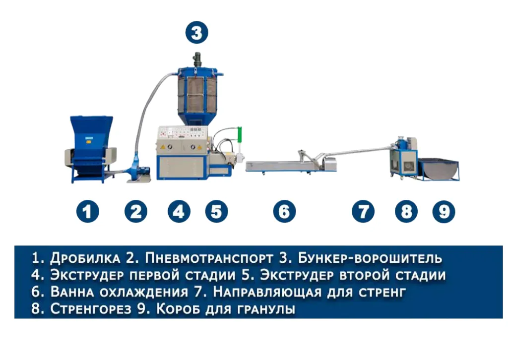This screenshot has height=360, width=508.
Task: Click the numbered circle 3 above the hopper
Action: [196, 32]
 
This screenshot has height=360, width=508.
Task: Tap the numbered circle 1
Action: [87, 212]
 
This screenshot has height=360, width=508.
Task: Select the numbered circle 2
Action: [136, 212]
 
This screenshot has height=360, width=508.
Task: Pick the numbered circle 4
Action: [179, 212]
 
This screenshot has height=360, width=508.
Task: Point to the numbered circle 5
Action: [216, 212]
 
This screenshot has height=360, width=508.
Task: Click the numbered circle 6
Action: [284, 212]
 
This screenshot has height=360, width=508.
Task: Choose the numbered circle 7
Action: [363, 212]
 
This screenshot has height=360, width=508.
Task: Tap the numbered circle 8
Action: [406, 212]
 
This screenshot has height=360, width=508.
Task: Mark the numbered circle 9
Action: [444, 212]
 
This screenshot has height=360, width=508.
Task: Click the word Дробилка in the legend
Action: [85, 258]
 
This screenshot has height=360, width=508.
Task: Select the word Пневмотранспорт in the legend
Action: [209, 258]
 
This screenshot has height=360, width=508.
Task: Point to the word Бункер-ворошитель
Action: [370, 258]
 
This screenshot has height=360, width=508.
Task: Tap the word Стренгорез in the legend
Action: [91, 309]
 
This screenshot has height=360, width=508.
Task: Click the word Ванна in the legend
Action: [72, 292]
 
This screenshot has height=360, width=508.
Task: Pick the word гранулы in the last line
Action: [266, 309]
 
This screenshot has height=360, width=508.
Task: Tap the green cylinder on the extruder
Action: [240, 134]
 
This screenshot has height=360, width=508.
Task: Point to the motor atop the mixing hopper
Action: [196, 60]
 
